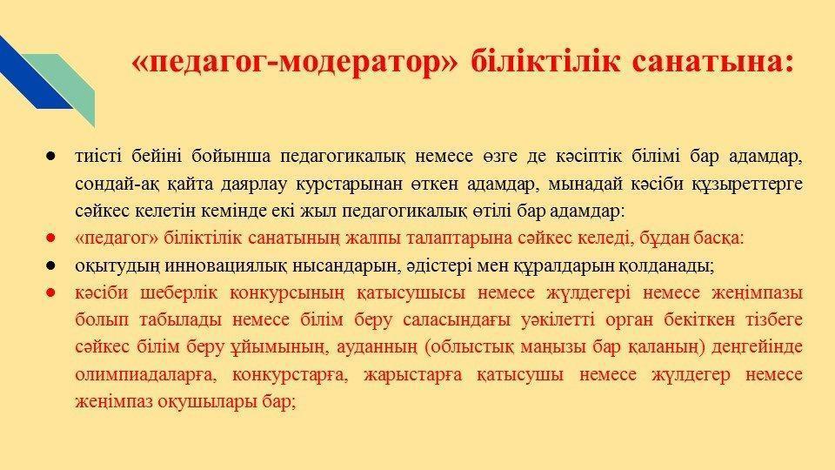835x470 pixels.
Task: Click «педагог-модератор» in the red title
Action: tap(295, 63)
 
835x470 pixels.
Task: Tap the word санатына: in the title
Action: tap(713, 62)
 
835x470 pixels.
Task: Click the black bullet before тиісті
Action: tap(51, 157)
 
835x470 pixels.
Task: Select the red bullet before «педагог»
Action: tap(51, 238)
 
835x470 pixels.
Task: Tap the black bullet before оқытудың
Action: tap(51, 265)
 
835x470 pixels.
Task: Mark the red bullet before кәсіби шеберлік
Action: tap(51, 292)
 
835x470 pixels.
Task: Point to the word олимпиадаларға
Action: tap(146, 374)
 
